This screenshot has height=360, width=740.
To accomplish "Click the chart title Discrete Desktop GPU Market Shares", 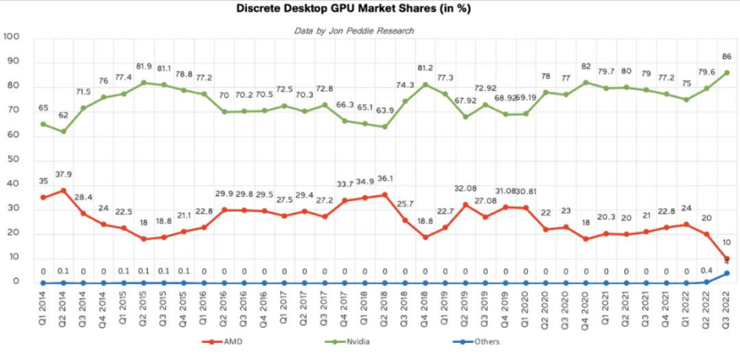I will point(370,10).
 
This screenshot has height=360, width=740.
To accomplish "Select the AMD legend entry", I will point(227,341).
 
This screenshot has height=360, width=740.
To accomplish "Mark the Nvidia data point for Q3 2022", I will point(727,73).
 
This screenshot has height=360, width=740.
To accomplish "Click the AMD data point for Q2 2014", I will point(63,190).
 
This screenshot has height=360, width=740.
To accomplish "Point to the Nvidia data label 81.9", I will point(143,66).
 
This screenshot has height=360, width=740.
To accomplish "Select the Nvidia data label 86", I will point(727,57).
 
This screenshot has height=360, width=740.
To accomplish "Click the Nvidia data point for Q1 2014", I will point(43,124).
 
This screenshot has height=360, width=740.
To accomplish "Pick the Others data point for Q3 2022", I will point(727,273).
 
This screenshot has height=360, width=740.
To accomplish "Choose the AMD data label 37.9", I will point(64,175).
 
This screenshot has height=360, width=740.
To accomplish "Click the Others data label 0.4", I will point(706,270).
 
